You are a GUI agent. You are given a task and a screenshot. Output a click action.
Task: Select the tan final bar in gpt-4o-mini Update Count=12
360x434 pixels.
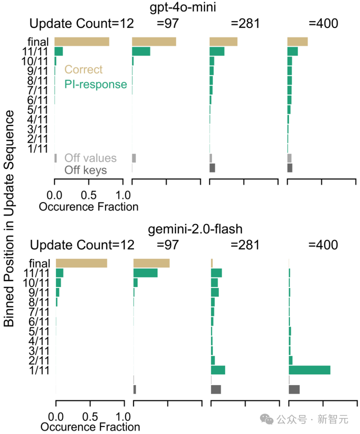[81, 41]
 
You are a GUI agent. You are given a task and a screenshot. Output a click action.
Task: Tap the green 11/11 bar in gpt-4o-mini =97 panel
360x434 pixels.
[141, 51]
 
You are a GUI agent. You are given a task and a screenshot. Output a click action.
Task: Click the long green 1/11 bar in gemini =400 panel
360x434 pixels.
[309, 370]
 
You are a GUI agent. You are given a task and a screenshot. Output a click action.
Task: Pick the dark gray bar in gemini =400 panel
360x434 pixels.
[294, 389]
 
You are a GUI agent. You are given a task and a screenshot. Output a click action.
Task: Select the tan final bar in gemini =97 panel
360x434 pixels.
[151, 263]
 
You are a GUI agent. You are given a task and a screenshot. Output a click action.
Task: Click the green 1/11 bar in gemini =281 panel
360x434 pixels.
[218, 370]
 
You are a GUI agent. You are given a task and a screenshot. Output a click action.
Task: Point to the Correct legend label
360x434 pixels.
[83, 70]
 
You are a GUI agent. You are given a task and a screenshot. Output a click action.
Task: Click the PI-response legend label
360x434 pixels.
[95, 84]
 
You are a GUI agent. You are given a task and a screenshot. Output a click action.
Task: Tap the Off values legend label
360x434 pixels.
[90, 158]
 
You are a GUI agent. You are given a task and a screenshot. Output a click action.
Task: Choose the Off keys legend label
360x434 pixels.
[85, 170]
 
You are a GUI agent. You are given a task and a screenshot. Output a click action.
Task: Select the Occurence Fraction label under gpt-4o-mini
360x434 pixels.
[88, 206]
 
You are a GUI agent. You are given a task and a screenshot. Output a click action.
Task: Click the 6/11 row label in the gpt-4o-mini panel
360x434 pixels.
[38, 99]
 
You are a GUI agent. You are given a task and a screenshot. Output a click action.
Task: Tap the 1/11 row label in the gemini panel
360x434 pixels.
[39, 370]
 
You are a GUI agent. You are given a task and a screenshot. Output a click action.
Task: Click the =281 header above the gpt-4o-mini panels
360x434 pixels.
[245, 23]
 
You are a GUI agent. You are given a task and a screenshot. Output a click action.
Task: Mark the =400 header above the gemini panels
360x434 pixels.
[323, 245]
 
